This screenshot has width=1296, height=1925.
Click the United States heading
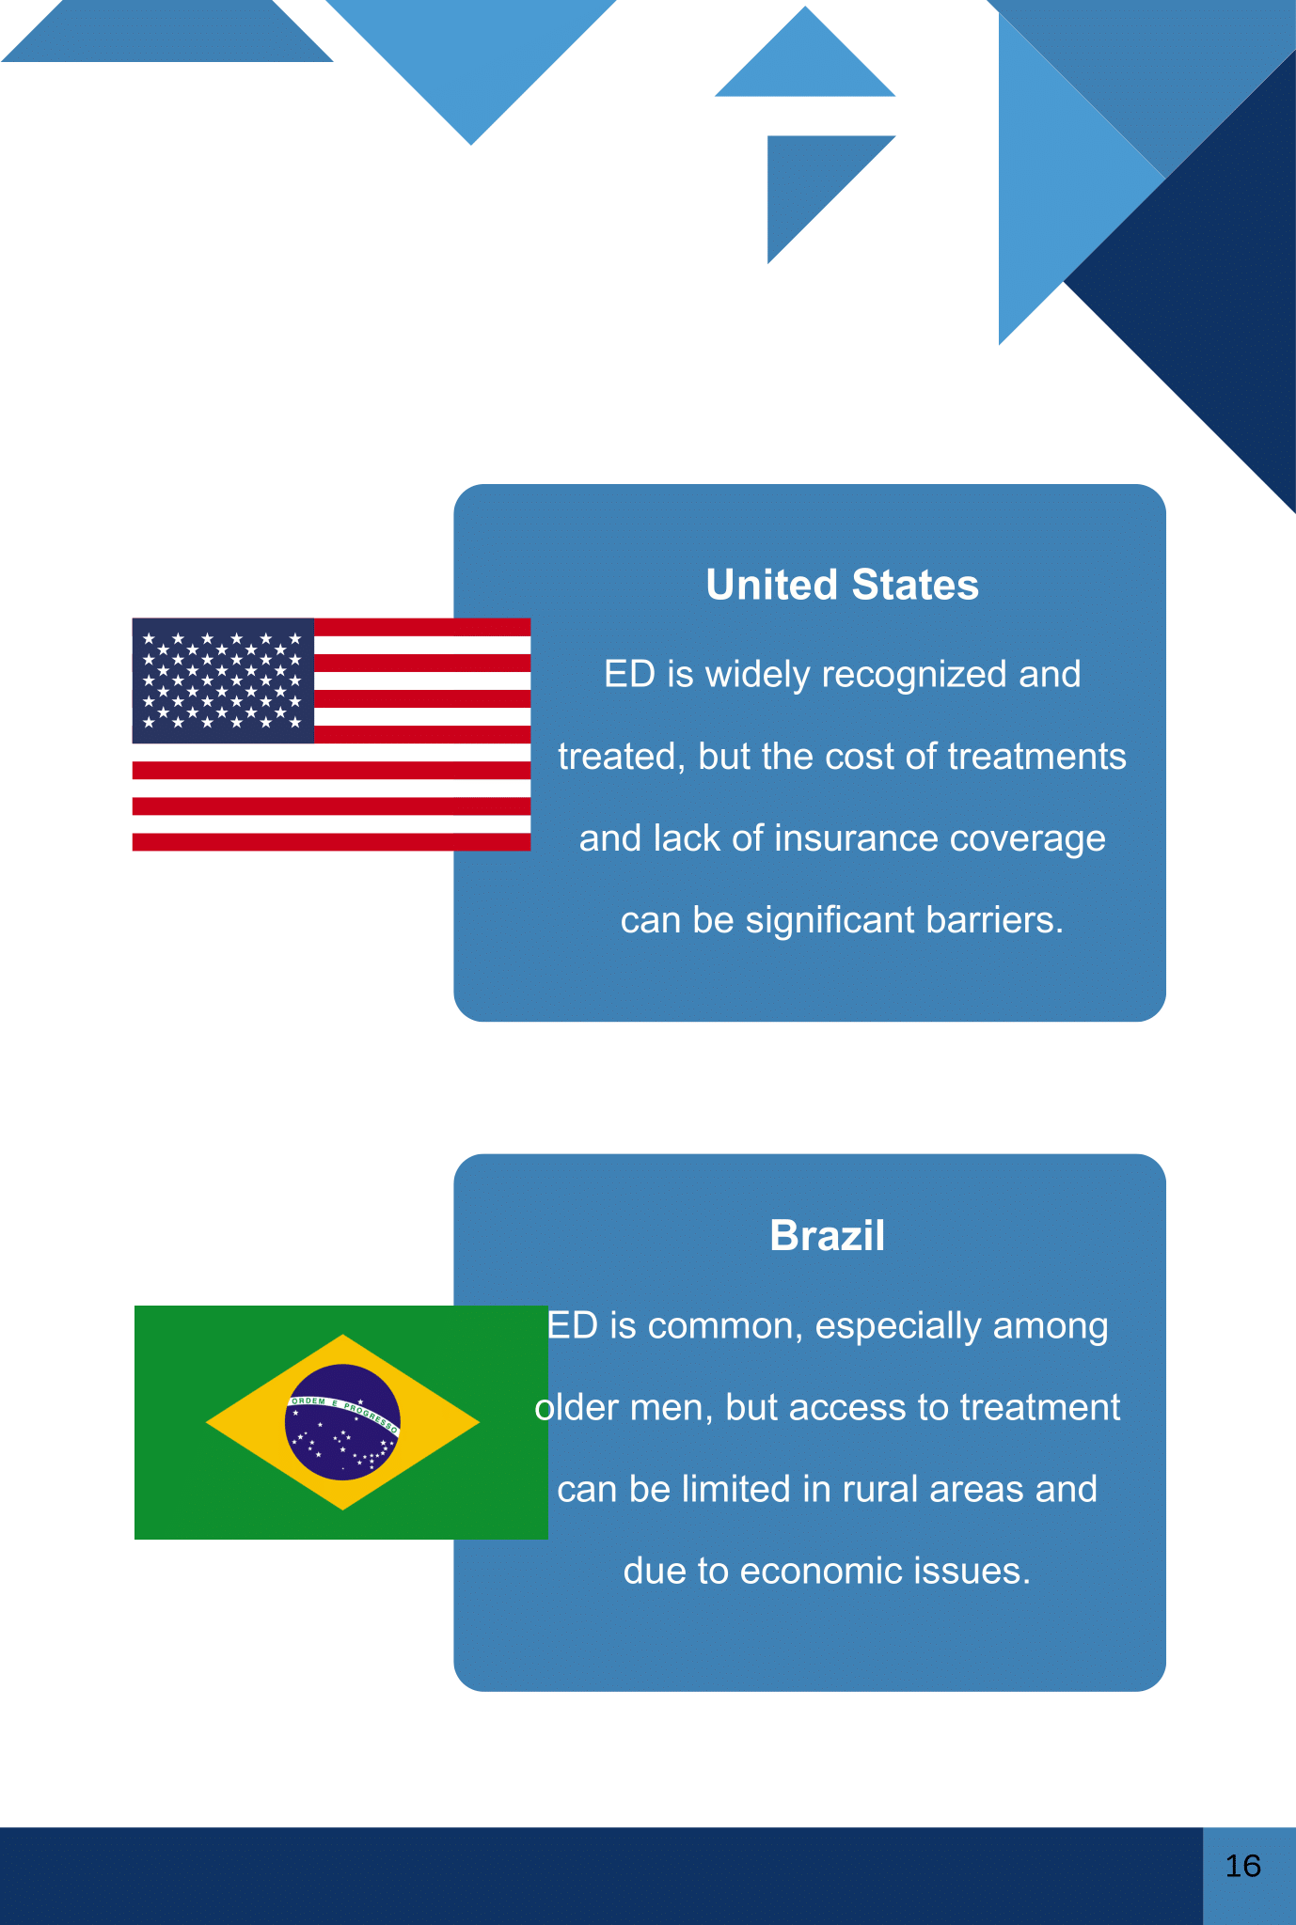point(842,585)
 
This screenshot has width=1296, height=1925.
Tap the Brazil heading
point(827,1235)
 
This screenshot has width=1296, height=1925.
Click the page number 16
point(1242,1866)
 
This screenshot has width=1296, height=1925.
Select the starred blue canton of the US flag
point(223,681)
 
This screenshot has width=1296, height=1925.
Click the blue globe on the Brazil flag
point(342,1422)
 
